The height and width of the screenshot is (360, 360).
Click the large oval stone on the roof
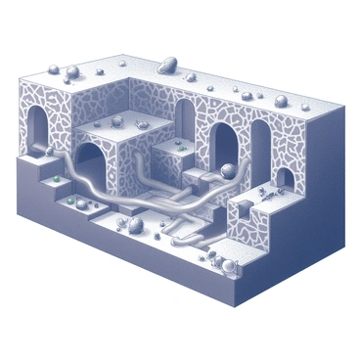[x=165, y=67]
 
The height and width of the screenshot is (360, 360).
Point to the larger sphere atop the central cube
[x=115, y=122]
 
